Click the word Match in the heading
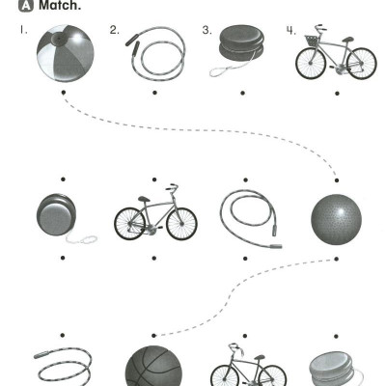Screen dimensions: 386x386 (60, 5)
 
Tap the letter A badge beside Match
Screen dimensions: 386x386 (26, 5)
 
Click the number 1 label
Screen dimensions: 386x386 (23, 30)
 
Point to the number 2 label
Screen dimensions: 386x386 (114, 30)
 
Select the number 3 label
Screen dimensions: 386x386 (207, 30)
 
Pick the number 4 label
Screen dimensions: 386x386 (290, 31)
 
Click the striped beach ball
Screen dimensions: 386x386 (66, 53)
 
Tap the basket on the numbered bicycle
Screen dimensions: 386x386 (311, 40)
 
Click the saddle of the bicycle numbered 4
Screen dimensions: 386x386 (348, 40)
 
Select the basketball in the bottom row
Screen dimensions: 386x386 (153, 366)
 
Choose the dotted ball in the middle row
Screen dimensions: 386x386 (336, 219)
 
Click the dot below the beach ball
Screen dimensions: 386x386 (64, 93)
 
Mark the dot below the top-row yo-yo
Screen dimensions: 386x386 (242, 93)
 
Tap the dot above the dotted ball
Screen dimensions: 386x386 (337, 180)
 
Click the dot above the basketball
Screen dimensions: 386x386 (153, 336)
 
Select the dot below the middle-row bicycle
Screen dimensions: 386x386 (154, 258)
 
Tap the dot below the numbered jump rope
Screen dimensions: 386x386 (154, 93)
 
